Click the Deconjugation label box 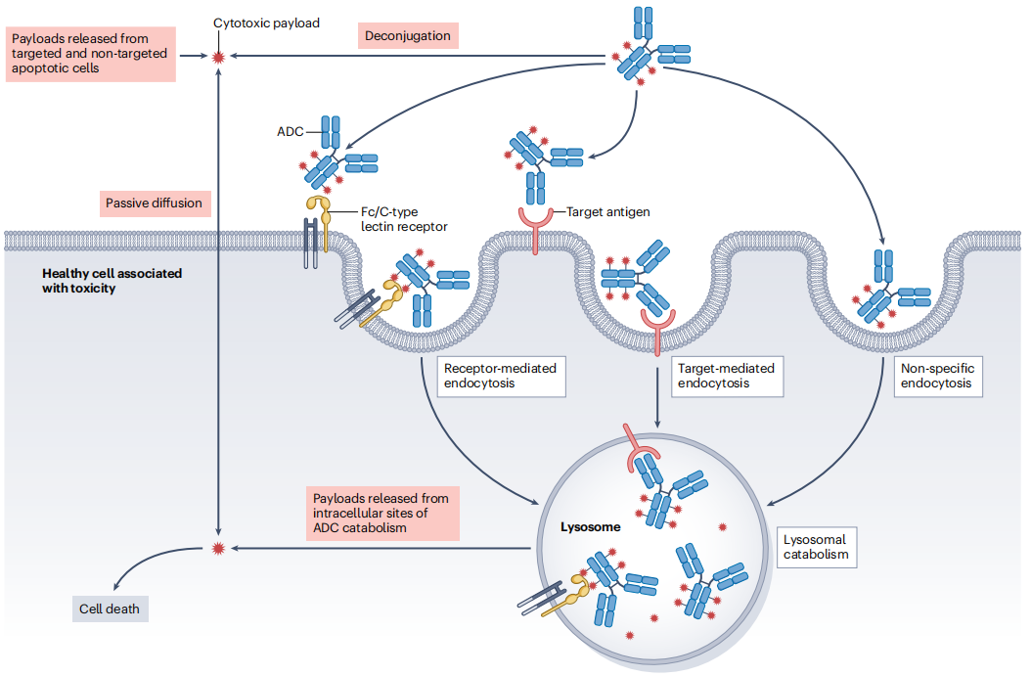click(x=408, y=36)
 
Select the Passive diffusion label click(x=154, y=203)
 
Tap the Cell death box click(x=110, y=608)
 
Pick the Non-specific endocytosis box click(x=939, y=376)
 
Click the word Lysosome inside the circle click(x=590, y=527)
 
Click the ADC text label click(x=291, y=131)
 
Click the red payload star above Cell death click(x=217, y=548)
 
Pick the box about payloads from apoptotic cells click(x=90, y=54)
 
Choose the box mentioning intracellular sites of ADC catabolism click(x=368, y=514)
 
